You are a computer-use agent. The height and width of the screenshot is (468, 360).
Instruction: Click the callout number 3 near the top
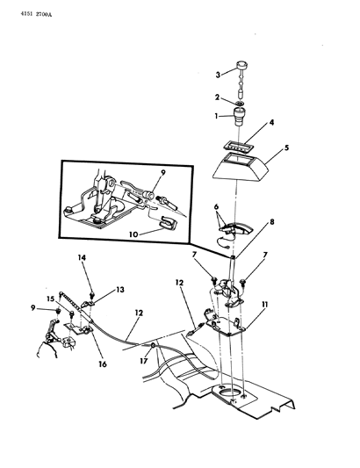point(218,75)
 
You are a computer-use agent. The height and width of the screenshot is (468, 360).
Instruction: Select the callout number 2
point(217,97)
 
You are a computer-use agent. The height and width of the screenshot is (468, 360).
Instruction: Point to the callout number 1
point(216,116)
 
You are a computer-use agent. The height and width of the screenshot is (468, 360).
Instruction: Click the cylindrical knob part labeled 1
point(240,117)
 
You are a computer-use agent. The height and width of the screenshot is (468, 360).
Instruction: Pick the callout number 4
point(271,122)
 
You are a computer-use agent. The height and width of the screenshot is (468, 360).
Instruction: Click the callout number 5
point(286,148)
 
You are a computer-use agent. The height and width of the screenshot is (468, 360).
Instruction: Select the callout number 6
point(216,206)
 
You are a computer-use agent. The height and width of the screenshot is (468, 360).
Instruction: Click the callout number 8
point(271,222)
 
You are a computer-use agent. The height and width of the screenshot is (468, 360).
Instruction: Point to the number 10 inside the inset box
point(133,234)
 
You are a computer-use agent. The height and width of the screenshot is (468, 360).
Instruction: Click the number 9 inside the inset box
point(162,172)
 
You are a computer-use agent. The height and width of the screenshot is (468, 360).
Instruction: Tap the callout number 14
point(82,257)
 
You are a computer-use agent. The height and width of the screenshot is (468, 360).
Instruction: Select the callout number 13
point(120,290)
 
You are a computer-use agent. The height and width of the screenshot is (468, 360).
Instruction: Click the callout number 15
point(50,299)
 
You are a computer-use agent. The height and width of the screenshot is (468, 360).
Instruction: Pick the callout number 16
point(103,364)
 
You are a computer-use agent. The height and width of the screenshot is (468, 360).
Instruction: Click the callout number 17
point(144,361)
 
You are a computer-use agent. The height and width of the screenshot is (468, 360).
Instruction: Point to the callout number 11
point(265,305)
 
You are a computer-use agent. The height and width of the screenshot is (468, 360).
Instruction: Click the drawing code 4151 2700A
point(36,14)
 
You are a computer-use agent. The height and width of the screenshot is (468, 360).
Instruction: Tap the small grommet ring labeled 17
point(153,345)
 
